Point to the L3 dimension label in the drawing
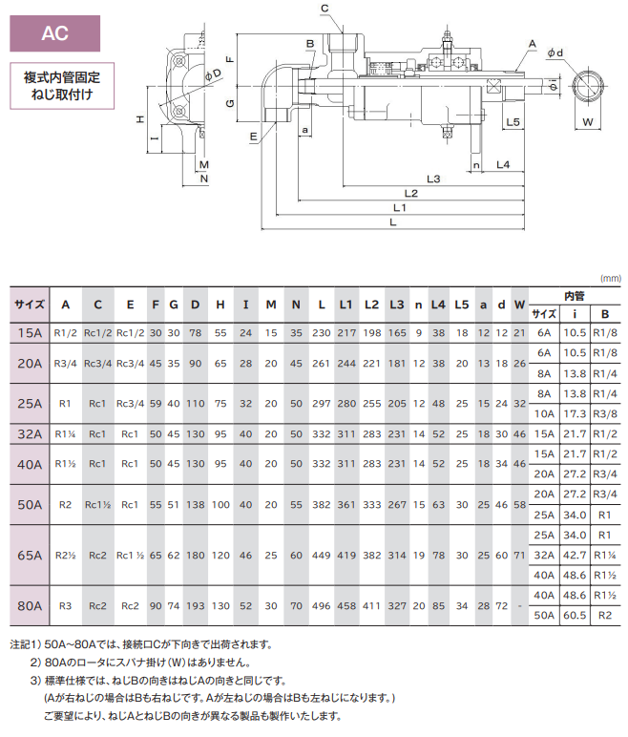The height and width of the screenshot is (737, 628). pos(433,179)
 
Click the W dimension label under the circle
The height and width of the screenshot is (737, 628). pos(589,122)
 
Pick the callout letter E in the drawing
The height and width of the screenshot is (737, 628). pos(252,137)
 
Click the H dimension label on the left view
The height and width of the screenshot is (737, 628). pos(140,119)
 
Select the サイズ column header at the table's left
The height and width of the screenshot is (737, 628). pos(29,305)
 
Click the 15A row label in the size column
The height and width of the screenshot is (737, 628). pos(29,332)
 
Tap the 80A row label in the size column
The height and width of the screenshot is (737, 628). pos(29,605)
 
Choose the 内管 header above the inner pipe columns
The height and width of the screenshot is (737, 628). pos(574,296)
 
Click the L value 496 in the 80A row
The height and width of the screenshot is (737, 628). pos(321,605)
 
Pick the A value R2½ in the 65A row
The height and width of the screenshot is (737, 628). pos(65,555)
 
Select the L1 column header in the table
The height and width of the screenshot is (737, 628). pos(346,305)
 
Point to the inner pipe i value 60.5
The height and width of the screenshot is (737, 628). pos(575,617)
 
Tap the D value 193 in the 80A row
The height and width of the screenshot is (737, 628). pos(196,605)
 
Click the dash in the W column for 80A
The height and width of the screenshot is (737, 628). pos(519,605)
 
